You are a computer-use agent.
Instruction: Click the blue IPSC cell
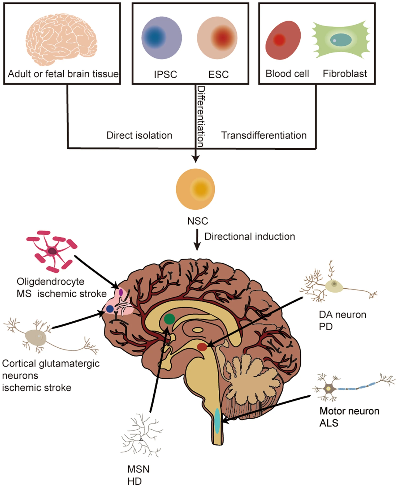pyautogui.click(x=161, y=38)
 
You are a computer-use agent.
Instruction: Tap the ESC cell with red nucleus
pyautogui.click(x=217, y=38)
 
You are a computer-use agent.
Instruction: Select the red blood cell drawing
pyautogui.click(x=283, y=40)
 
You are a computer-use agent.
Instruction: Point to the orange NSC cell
pyautogui.click(x=196, y=189)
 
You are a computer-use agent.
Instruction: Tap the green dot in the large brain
pyautogui.click(x=169, y=319)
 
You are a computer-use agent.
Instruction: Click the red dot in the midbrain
pyautogui.click(x=202, y=347)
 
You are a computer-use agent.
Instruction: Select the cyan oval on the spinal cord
pyautogui.click(x=217, y=421)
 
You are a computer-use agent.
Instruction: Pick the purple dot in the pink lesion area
pyautogui.click(x=121, y=292)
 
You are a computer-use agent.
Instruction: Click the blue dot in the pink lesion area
pyautogui.click(x=110, y=309)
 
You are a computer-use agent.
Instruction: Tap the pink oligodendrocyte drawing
pyautogui.click(x=52, y=251)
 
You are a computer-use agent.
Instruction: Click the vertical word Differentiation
pyautogui.click(x=201, y=116)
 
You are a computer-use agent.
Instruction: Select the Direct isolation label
pyautogui.click(x=139, y=135)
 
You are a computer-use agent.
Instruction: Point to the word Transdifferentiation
pyautogui.click(x=264, y=135)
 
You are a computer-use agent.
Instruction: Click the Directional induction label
pyautogui.click(x=250, y=236)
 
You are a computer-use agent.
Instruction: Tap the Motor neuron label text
pyautogui.click(x=349, y=411)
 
